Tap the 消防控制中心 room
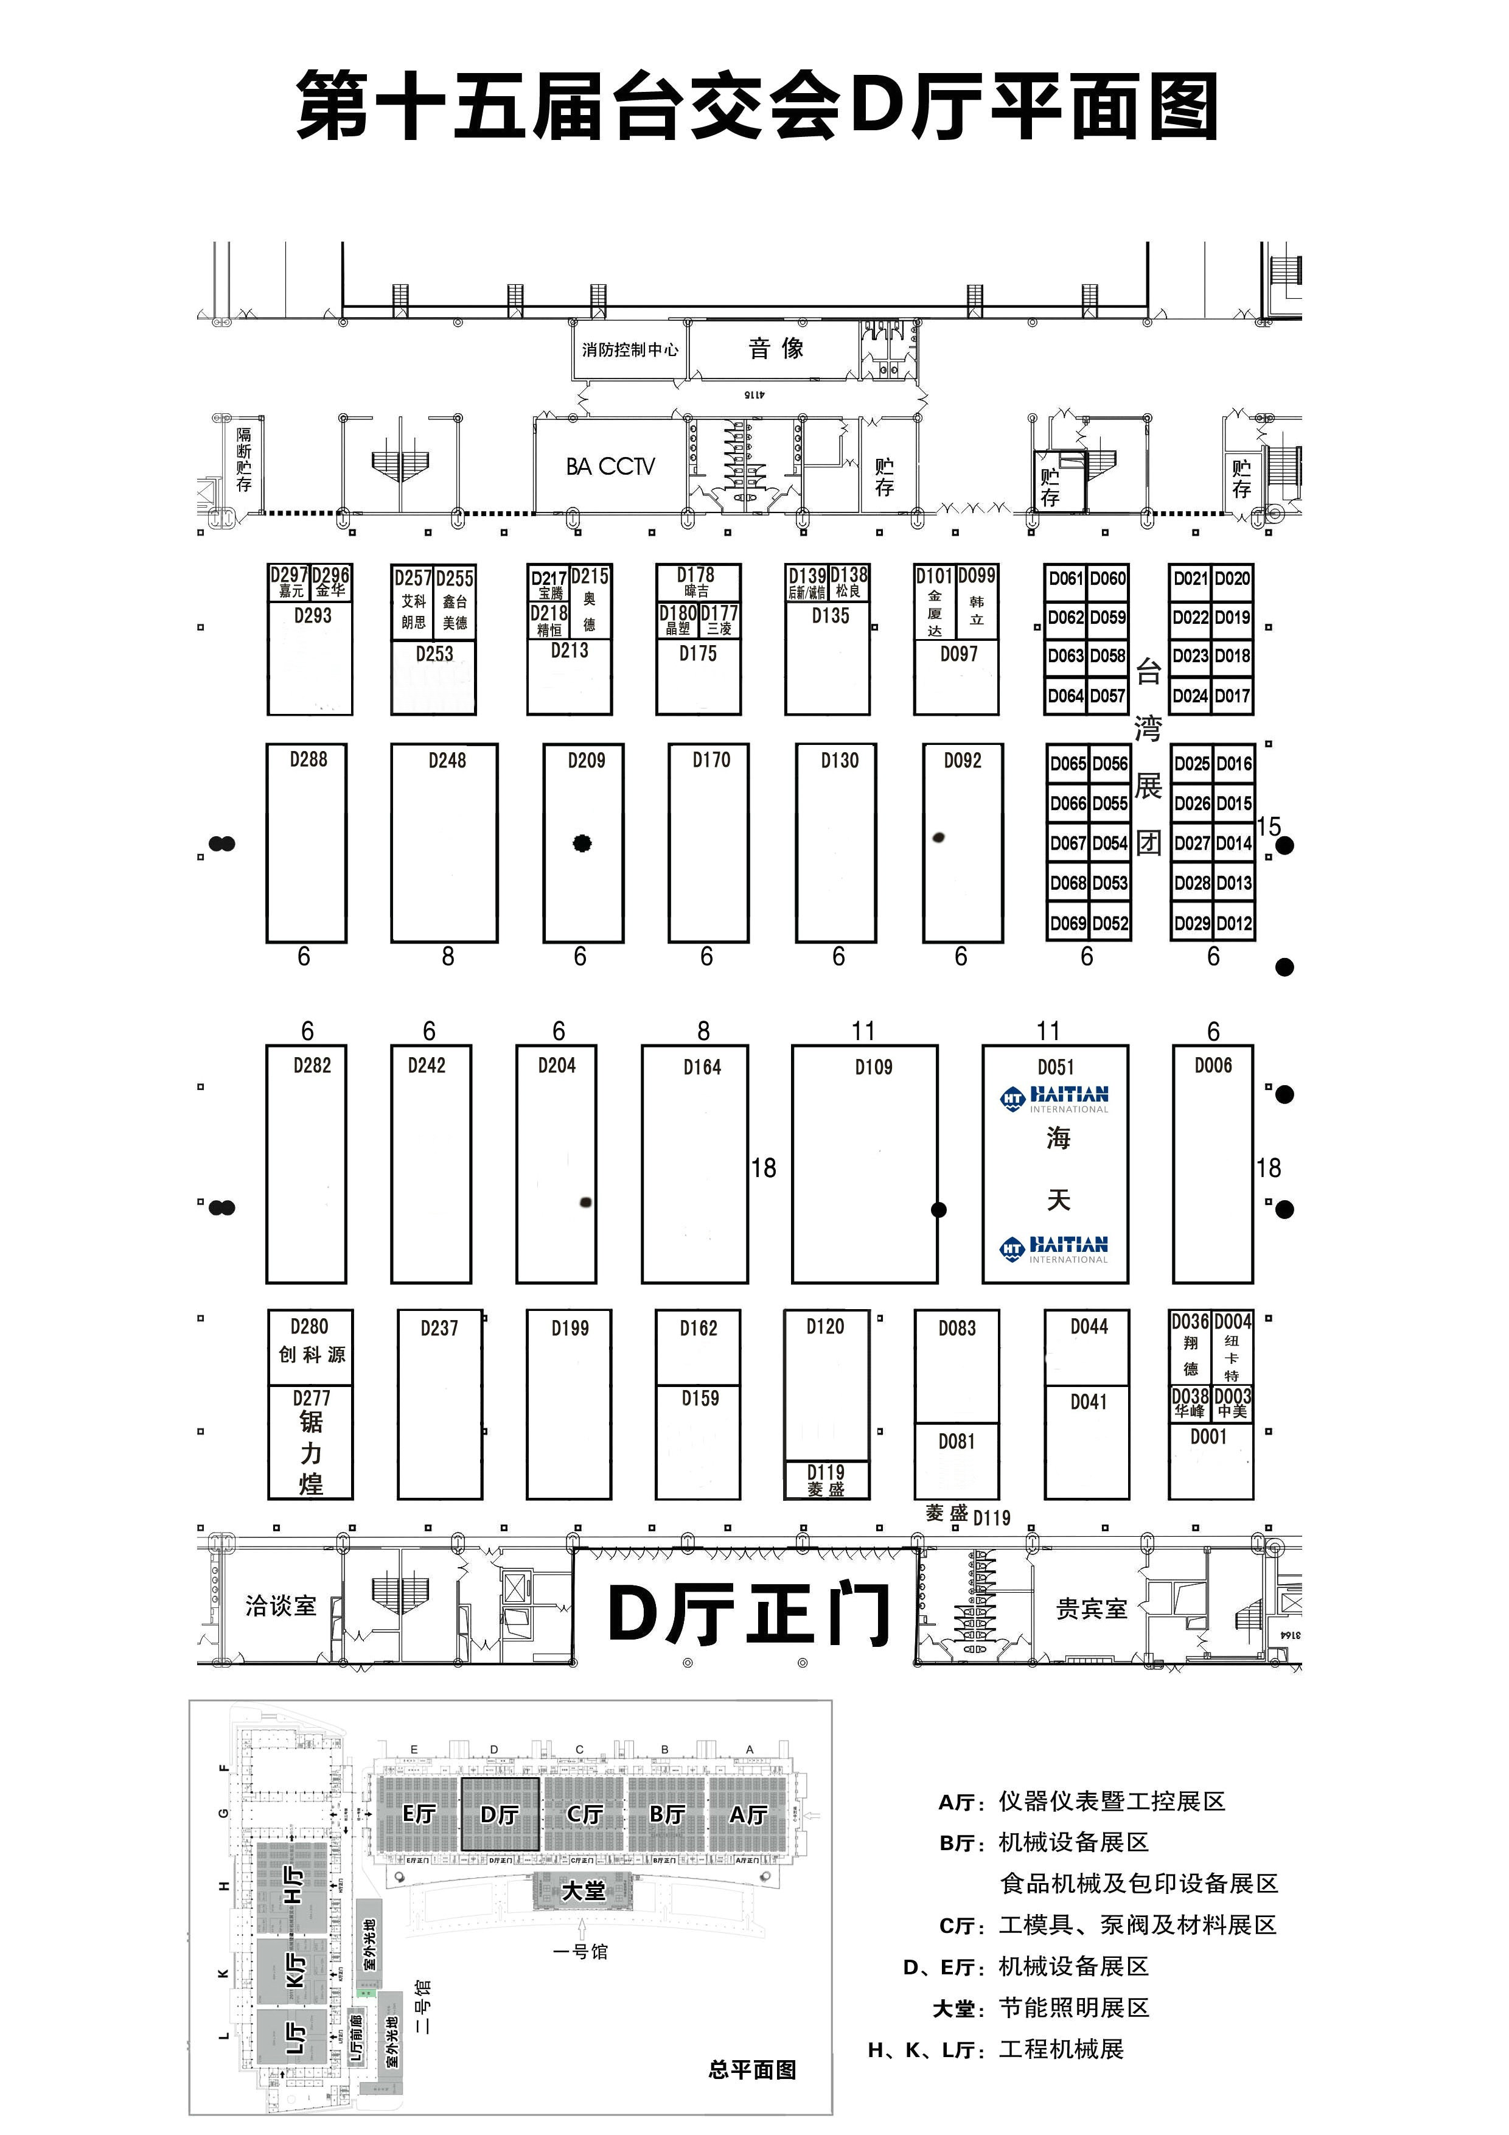coord(629,349)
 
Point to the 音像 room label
coord(775,349)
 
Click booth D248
coord(444,842)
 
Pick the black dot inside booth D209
coord(583,844)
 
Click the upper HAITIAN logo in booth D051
coord(1055,1098)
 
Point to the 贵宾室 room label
coord(1092,1609)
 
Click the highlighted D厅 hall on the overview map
coord(500,1814)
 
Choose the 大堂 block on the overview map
coord(583,1890)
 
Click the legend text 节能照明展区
coord(1074,2008)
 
